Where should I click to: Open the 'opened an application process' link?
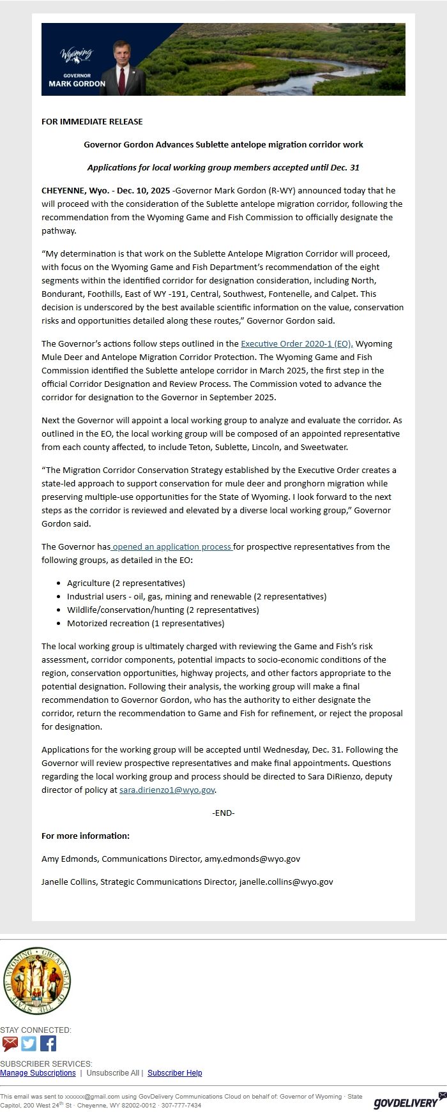(x=172, y=546)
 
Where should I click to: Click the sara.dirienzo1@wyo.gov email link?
(x=167, y=790)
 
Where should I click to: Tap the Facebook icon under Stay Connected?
(x=49, y=1043)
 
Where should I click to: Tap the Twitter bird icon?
(x=29, y=1043)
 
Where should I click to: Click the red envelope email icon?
(x=10, y=1044)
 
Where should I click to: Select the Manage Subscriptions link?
(x=38, y=1072)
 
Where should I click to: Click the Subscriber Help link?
(x=174, y=1072)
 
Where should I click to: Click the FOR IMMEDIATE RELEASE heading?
(x=92, y=121)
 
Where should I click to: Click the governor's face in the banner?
(x=121, y=50)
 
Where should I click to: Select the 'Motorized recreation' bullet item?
(x=146, y=623)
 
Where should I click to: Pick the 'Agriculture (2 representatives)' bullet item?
(x=126, y=583)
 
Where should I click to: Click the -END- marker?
(x=223, y=813)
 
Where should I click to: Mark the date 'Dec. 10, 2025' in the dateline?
(x=143, y=190)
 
